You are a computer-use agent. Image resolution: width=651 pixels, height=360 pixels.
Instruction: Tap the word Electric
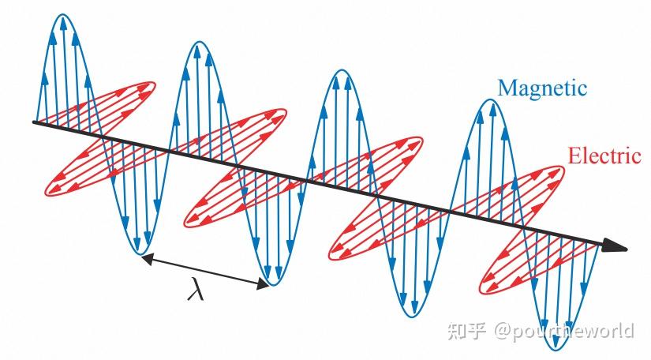[x=604, y=156]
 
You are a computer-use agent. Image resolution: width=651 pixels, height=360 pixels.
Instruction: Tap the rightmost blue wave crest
[x=482, y=100]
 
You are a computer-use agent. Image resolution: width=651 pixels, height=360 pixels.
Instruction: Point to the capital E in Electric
[x=574, y=156]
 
